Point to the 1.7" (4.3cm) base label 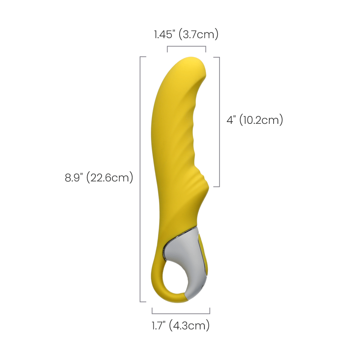pos(181,325)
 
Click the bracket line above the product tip pos(186,46)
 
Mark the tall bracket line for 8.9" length pos(140,179)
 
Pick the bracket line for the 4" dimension pos(220,122)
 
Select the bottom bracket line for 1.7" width pos(181,314)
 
